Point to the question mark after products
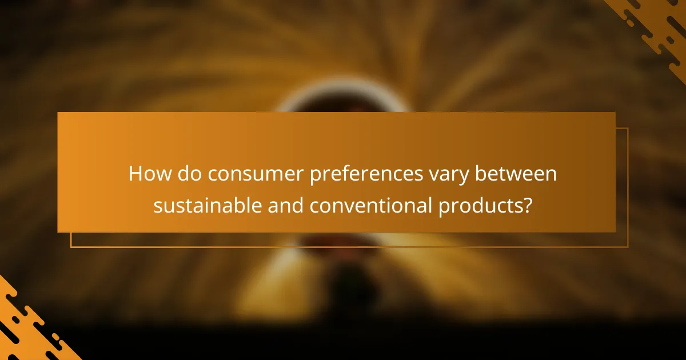coord(527,206)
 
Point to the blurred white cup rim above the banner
coord(343,97)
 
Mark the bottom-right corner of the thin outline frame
coord(628,247)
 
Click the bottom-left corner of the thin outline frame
coord(71,247)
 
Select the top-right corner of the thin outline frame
coord(628,129)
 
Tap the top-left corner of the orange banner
coord(58,113)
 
